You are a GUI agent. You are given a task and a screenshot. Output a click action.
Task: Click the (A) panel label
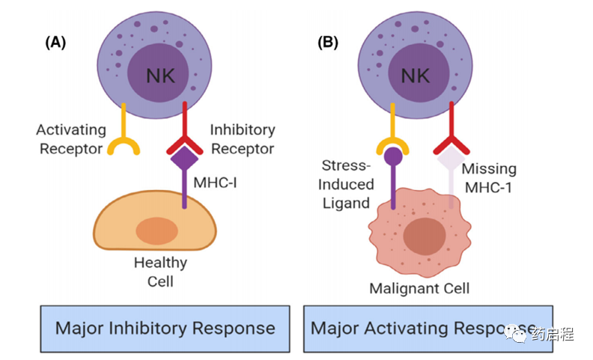[x=55, y=43]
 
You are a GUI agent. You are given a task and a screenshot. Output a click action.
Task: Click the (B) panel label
[x=327, y=43]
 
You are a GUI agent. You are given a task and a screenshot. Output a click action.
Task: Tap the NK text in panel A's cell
[x=160, y=76]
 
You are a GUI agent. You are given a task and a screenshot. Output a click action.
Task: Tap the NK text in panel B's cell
[x=415, y=76]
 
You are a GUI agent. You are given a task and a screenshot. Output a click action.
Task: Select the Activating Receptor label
[x=71, y=139]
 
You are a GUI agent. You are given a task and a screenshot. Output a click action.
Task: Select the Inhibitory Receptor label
[x=243, y=139]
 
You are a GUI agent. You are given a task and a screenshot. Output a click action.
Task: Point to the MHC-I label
[x=215, y=183]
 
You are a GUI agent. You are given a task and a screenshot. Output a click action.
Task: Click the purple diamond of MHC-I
[x=184, y=159]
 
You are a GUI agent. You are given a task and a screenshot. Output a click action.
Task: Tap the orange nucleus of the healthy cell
[x=157, y=231]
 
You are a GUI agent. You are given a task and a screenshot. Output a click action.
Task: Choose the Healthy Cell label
[x=160, y=272]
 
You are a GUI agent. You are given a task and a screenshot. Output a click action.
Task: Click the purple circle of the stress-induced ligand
[x=393, y=156]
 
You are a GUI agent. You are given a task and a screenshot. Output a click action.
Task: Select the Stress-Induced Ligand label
[x=346, y=185]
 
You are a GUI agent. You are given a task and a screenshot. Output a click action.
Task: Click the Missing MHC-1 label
[x=489, y=177]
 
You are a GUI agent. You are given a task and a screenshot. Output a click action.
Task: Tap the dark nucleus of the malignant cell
[x=425, y=237]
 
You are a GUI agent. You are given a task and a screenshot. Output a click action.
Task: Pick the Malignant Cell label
[x=419, y=289]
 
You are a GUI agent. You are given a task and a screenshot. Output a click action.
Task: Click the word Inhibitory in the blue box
[x=148, y=329]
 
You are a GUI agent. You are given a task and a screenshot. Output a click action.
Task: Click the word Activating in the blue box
[x=406, y=329]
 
